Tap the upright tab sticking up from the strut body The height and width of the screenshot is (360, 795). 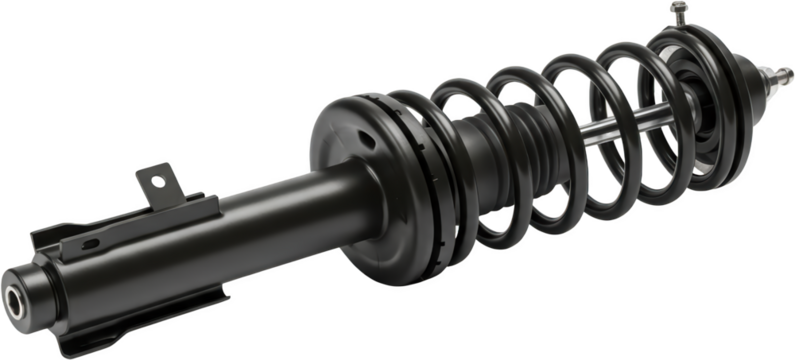tap(159, 184)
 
